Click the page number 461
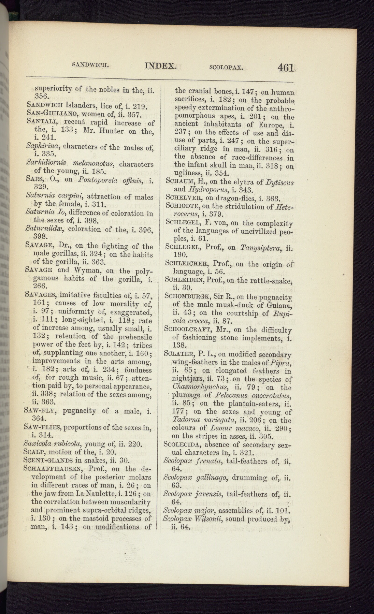[x=286, y=67]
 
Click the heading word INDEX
[x=160, y=65]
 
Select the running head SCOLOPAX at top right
[x=226, y=67]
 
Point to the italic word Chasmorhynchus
[x=201, y=388]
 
